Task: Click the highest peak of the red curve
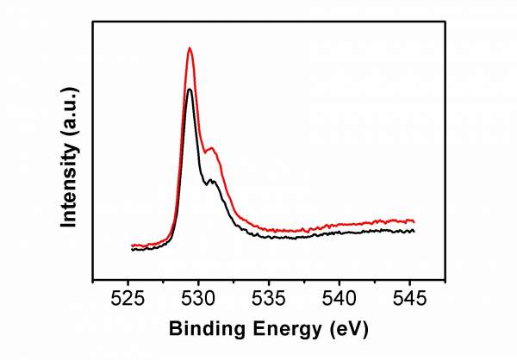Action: point(190,48)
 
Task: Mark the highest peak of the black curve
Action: point(190,89)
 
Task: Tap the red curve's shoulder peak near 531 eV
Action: point(213,149)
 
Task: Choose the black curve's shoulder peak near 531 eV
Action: point(212,179)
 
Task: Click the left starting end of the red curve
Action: point(132,245)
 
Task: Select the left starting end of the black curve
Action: point(132,250)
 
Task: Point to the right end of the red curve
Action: point(414,221)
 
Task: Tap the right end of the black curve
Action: point(414,231)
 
